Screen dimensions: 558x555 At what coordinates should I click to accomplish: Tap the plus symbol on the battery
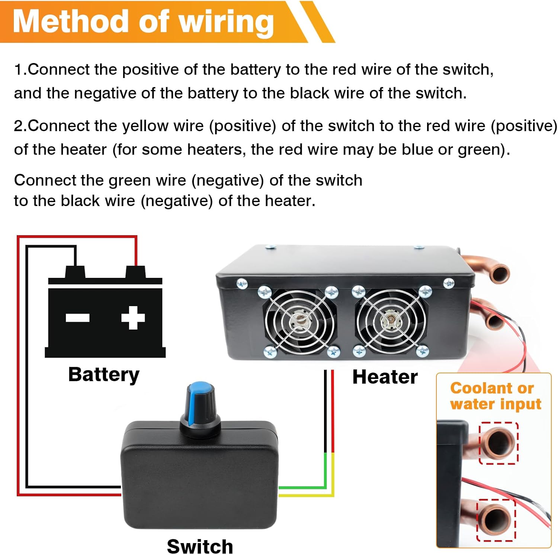[133, 318]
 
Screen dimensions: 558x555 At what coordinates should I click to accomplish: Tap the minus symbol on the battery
[77, 318]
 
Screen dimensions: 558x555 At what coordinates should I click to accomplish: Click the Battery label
[104, 375]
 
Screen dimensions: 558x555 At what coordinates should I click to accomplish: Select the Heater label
[385, 377]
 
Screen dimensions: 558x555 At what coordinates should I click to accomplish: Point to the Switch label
[200, 546]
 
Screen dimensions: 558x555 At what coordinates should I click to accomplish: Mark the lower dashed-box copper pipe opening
[496, 520]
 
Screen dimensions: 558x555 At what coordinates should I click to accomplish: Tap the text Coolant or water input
[494, 396]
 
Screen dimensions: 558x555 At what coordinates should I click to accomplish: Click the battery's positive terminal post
[135, 272]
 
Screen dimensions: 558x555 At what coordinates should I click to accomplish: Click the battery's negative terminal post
[75, 272]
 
